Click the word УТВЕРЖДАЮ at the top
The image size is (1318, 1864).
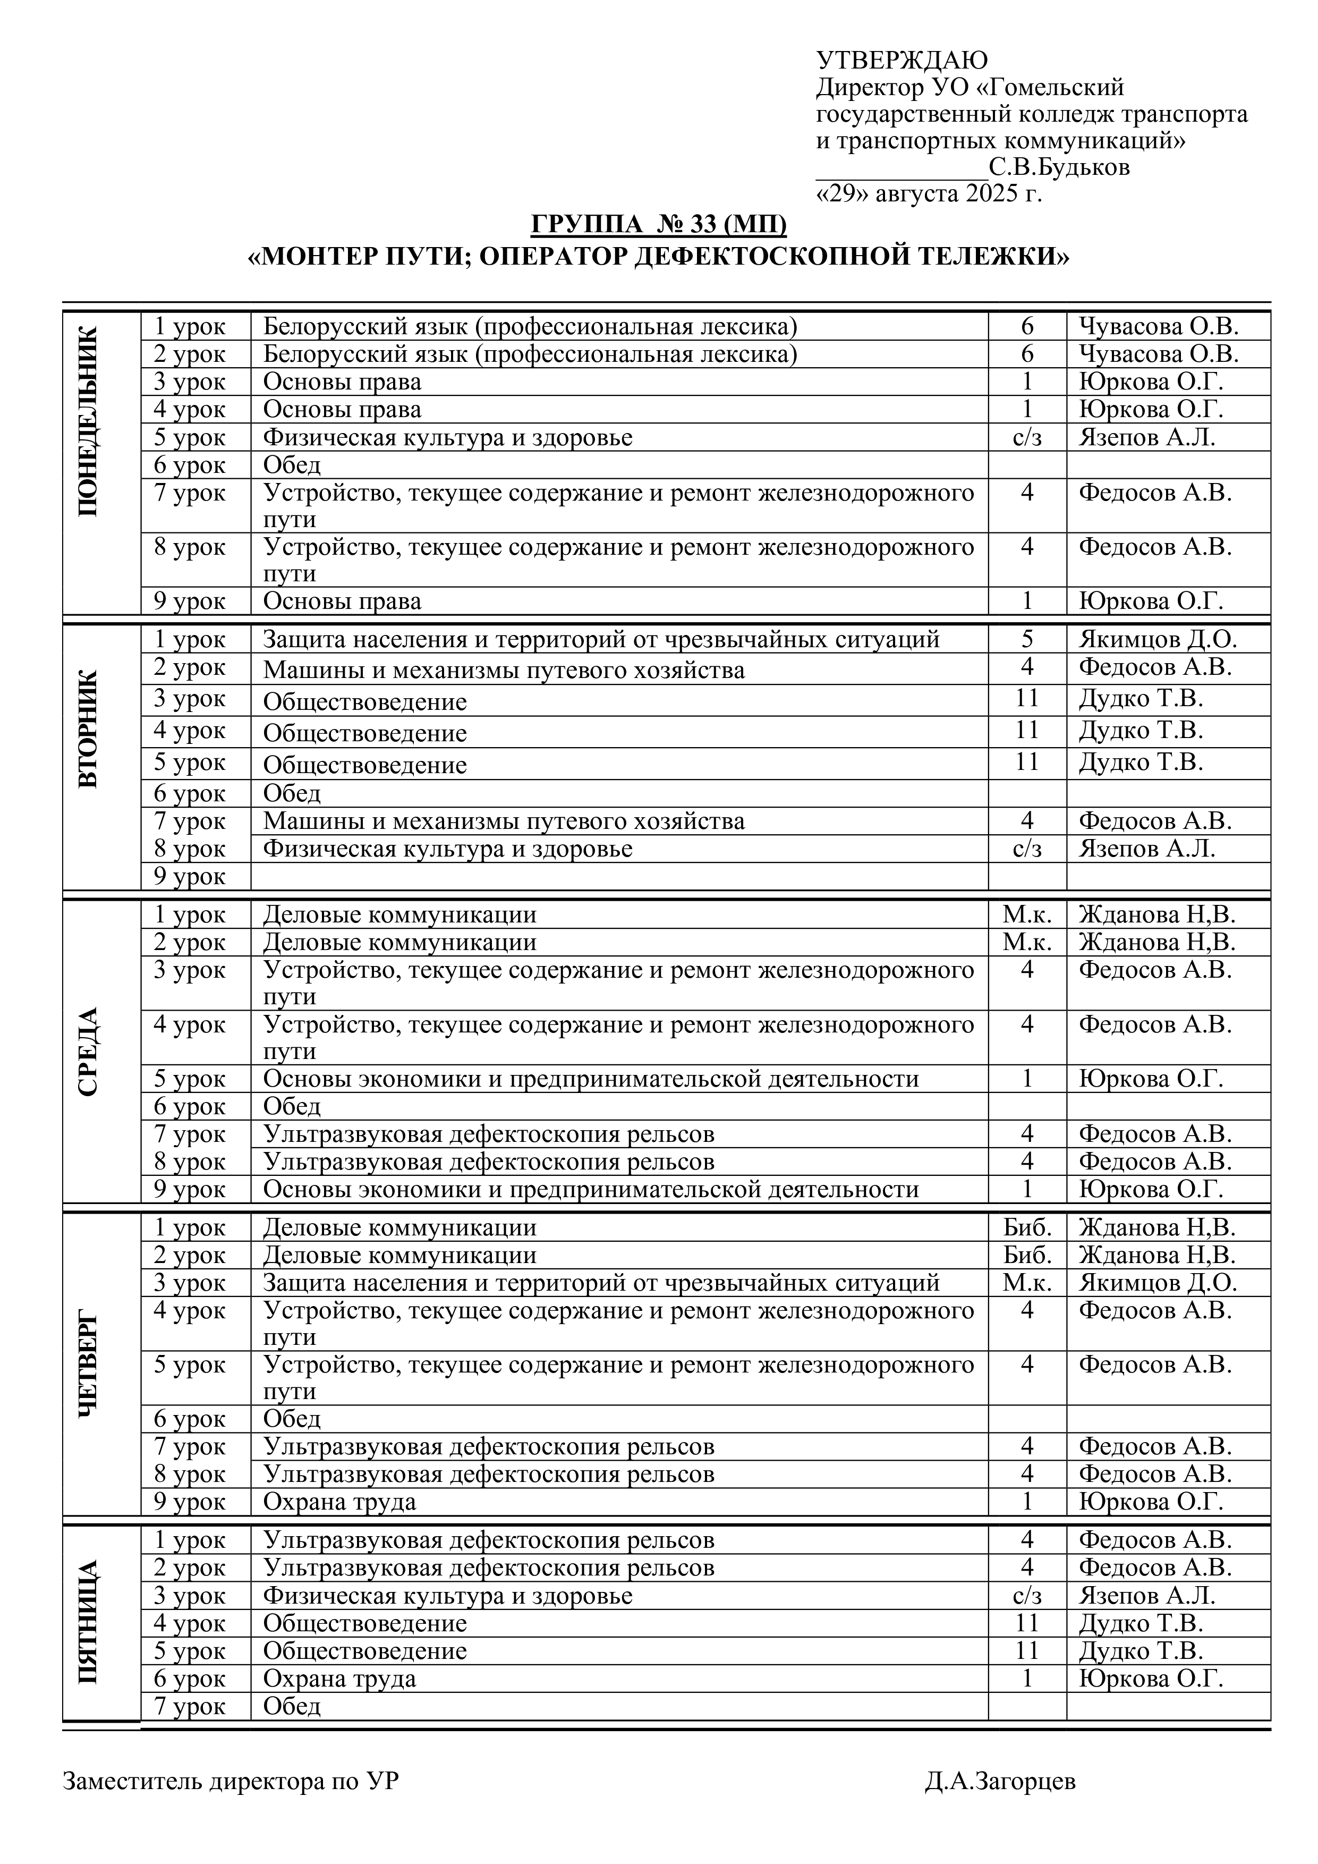[x=902, y=60]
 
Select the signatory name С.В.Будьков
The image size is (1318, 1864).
[x=1059, y=167]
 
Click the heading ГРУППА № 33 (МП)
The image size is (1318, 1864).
[x=658, y=223]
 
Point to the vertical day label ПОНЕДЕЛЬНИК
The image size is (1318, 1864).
[x=89, y=421]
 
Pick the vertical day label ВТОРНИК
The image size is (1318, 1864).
[x=89, y=728]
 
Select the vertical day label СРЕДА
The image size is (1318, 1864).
[x=89, y=1052]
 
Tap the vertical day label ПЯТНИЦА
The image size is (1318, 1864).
[x=89, y=1624]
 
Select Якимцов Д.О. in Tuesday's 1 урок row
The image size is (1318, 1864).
[x=1158, y=640]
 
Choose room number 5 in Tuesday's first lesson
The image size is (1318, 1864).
[x=1027, y=640]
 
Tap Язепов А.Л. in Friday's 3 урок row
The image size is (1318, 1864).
[x=1147, y=1595]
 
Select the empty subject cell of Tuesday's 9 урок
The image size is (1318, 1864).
[x=618, y=877]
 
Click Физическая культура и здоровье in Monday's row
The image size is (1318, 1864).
[x=447, y=438]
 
